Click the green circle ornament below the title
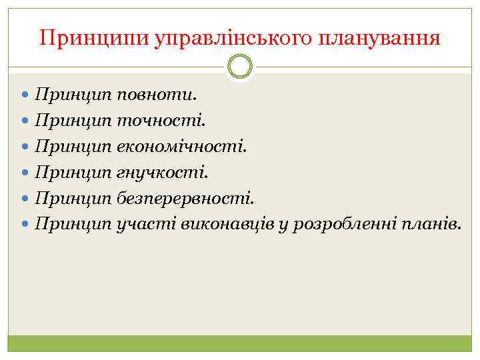coord(240,67)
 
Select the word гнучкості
coord(162,172)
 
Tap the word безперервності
coord(185,198)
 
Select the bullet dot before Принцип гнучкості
coord(27,173)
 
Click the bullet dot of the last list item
coord(27,225)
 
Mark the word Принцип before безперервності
coord(73,198)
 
